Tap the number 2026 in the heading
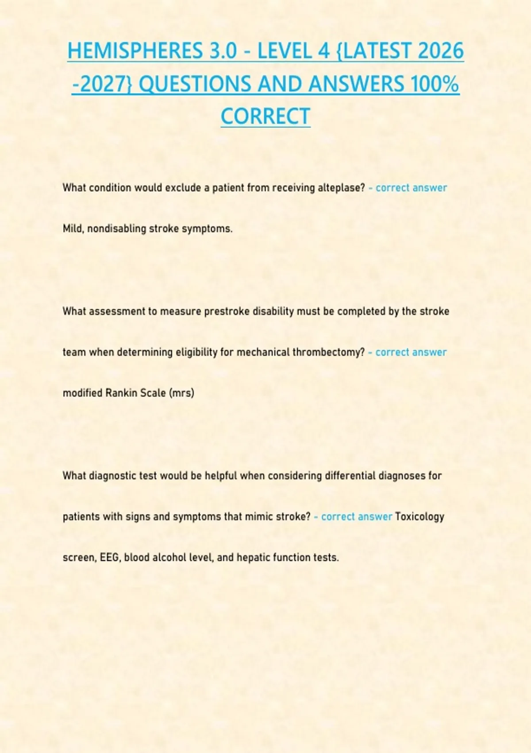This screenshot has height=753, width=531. coord(440,51)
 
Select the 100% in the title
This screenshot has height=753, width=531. coord(435,84)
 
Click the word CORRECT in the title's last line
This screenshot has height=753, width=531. coord(265,116)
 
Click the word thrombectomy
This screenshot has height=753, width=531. coord(328,353)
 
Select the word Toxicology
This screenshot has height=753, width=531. coord(419,517)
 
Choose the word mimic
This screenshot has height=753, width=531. coord(258,517)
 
